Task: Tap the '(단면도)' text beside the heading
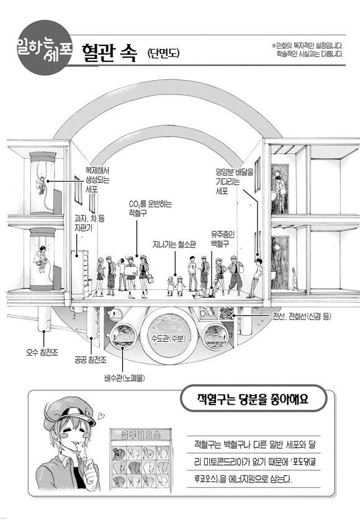163,53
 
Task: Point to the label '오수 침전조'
42,352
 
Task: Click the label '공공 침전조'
90,360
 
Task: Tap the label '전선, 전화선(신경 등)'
302,316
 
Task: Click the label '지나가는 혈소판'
174,244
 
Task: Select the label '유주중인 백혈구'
223,239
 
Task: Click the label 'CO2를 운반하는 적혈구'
150,208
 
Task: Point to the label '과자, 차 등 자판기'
89,223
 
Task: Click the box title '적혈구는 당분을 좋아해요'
253,398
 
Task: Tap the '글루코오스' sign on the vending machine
141,434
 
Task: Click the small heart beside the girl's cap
102,415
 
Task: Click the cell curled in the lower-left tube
42,259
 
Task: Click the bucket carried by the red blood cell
150,278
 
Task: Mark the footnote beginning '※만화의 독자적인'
308,50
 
